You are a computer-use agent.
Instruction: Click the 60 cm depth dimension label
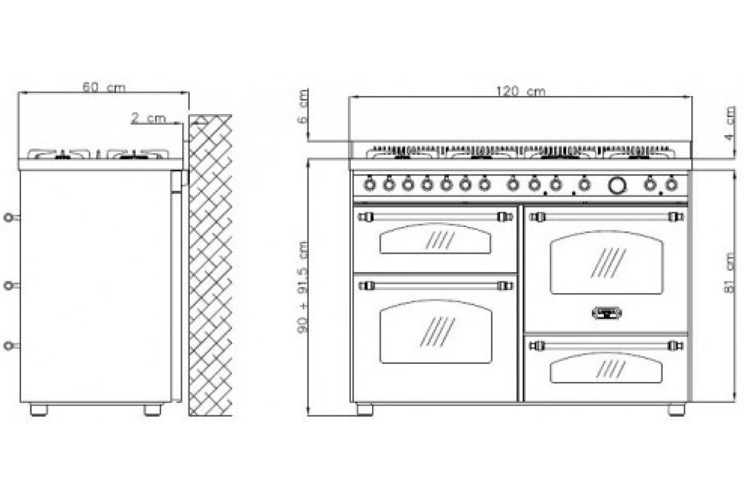click(104, 87)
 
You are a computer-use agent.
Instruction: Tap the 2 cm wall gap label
click(148, 118)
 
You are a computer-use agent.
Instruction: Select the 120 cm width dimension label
click(520, 91)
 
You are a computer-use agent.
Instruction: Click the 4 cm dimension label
click(730, 123)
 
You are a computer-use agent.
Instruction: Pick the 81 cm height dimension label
click(729, 273)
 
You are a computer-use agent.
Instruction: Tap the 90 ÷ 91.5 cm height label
click(303, 286)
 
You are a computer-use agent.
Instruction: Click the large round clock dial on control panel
click(617, 185)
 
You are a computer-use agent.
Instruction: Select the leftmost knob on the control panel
click(370, 184)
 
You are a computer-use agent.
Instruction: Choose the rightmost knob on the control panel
click(671, 184)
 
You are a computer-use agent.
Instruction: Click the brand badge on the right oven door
click(606, 312)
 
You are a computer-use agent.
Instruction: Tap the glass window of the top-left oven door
click(435, 238)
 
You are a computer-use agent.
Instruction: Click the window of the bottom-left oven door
click(436, 332)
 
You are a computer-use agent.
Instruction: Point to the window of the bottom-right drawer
click(606, 368)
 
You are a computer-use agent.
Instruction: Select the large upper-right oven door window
click(606, 262)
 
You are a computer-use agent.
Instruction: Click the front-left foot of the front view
click(365, 409)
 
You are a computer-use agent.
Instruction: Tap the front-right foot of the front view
click(676, 409)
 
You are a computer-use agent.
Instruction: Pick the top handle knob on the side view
click(9, 218)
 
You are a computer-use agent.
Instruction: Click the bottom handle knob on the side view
click(9, 346)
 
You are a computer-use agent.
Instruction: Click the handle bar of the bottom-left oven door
click(436, 286)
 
